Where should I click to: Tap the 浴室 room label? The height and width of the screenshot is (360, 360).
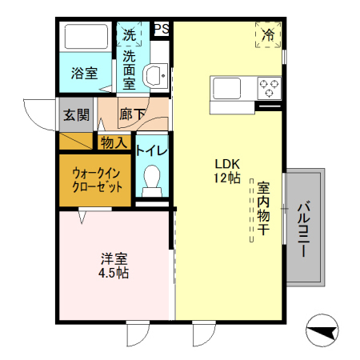(84, 73)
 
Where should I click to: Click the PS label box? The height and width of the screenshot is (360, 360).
(161, 28)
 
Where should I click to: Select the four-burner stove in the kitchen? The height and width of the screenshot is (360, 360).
(268, 85)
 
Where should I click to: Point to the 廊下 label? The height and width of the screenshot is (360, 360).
(132, 114)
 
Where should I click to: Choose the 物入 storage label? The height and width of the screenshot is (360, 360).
(114, 142)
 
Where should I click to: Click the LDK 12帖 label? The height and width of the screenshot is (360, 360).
(227, 171)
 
